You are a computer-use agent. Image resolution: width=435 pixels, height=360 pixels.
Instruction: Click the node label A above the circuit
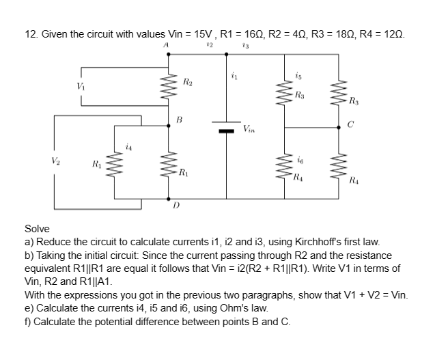click(x=166, y=46)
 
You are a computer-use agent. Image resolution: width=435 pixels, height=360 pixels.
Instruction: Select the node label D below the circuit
click(x=176, y=204)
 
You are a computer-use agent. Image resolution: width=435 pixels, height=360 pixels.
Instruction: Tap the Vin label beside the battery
click(x=251, y=129)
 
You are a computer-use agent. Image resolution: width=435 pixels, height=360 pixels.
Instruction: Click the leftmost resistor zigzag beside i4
click(x=111, y=166)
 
